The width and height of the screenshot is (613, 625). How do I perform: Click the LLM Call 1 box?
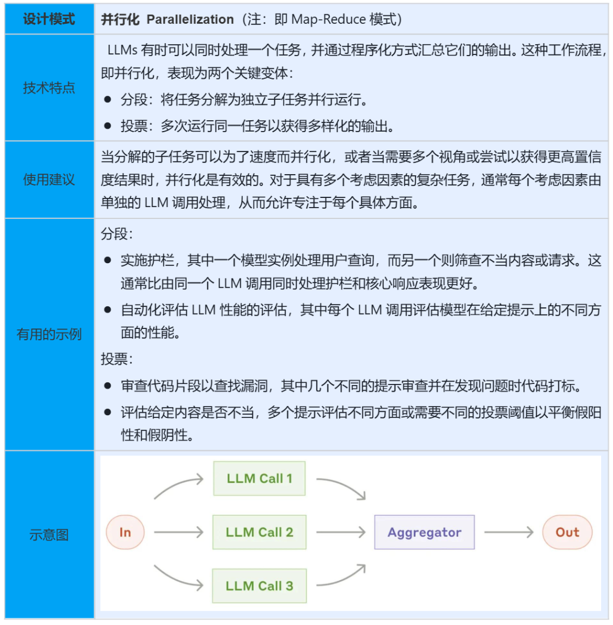click(259, 479)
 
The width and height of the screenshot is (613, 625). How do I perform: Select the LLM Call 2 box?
click(259, 532)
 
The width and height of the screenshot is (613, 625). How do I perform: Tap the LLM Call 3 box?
click(259, 586)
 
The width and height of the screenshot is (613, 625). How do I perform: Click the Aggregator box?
click(424, 533)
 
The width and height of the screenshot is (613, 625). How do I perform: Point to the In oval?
click(125, 533)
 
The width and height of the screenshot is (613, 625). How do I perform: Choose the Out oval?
click(567, 533)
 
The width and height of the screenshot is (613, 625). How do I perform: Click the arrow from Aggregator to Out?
click(509, 533)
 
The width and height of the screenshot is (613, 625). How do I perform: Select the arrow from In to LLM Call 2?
click(178, 533)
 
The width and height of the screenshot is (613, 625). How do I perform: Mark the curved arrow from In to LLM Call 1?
click(178, 486)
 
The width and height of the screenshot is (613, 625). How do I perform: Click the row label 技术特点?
click(49, 88)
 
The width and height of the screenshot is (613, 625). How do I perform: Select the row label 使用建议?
click(49, 180)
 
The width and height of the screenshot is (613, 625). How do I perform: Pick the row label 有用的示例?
click(49, 334)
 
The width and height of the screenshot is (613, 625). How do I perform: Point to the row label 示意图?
click(49, 535)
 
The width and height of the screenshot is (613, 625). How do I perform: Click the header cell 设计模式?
click(49, 19)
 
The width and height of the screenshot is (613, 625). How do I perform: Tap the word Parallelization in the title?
click(190, 19)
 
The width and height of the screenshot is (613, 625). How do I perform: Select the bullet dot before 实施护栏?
click(108, 261)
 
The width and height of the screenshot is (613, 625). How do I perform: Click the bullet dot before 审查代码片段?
click(108, 386)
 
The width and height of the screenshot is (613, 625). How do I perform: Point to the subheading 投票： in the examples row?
click(117, 359)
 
